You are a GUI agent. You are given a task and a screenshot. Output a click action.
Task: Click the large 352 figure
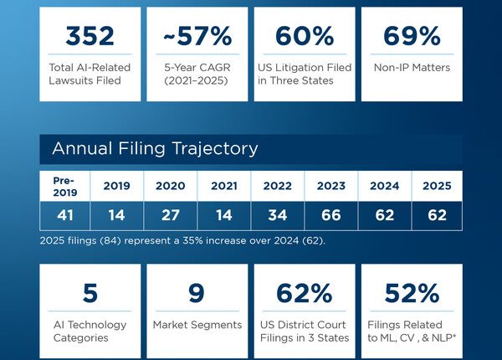(90, 36)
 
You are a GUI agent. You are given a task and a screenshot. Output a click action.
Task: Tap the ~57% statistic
(197, 36)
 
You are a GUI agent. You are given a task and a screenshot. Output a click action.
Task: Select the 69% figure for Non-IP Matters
(411, 36)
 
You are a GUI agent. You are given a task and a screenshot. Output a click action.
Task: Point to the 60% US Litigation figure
(304, 36)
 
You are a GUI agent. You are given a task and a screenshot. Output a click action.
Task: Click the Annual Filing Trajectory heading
(155, 149)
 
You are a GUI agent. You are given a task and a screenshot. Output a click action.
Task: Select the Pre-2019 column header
(65, 186)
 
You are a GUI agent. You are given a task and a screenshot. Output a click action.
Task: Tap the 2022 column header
(277, 186)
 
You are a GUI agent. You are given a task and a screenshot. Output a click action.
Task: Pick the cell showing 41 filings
(65, 216)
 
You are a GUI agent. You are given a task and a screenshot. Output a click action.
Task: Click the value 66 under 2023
(330, 216)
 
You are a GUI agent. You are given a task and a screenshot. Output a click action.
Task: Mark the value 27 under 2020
(171, 216)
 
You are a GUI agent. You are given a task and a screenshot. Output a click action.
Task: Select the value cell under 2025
(436, 216)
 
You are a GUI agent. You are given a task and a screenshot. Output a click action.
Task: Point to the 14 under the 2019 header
(118, 216)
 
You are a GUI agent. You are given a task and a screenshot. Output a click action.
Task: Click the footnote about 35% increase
(182, 241)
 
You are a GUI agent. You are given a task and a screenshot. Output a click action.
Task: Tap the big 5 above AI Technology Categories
(90, 293)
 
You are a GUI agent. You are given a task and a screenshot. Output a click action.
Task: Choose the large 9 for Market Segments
(197, 293)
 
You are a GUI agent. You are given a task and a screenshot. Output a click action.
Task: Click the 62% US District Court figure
(304, 293)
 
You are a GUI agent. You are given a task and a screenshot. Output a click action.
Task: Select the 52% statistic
(411, 293)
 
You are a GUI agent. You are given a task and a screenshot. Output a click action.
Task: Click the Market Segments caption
(197, 325)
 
